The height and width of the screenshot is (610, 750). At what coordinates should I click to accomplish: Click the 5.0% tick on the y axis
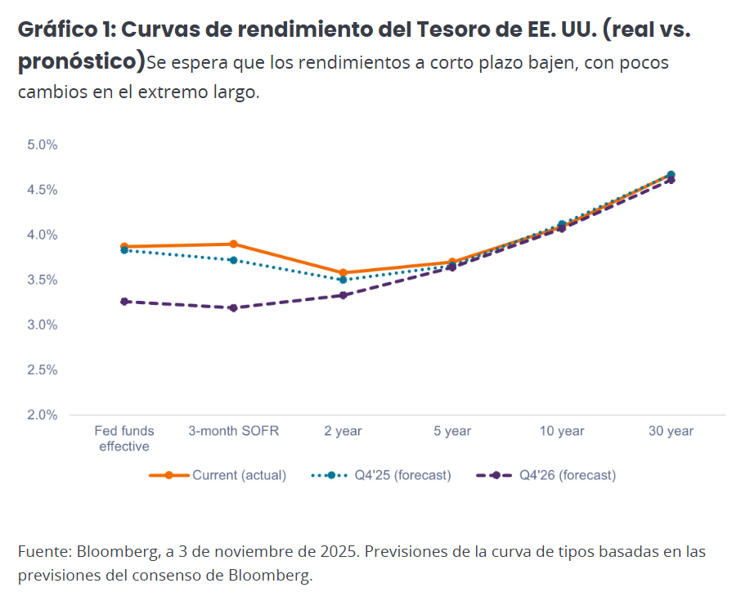(x=42, y=145)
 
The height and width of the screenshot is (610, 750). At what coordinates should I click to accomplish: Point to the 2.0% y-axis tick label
(x=42, y=415)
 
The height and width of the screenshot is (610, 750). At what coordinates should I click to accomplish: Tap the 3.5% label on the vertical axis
(x=42, y=280)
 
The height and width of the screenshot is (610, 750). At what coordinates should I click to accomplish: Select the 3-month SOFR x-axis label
(x=233, y=431)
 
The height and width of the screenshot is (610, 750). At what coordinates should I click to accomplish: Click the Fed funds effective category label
(x=124, y=438)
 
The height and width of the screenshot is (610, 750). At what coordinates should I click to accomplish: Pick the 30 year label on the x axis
(x=671, y=431)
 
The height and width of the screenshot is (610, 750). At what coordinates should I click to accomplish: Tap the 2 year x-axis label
(x=343, y=431)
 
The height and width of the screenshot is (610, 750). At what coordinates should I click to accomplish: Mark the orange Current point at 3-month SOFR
(x=233, y=244)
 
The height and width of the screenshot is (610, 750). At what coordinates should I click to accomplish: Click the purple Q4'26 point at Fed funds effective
(x=124, y=302)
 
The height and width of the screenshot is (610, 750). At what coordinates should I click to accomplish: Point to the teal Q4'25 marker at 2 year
(x=343, y=280)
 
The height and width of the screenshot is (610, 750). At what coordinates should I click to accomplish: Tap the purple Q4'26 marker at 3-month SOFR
(x=233, y=307)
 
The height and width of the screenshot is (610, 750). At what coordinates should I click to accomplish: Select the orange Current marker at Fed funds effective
(x=124, y=246)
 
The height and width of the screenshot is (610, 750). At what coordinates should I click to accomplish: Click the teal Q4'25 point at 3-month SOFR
(x=233, y=260)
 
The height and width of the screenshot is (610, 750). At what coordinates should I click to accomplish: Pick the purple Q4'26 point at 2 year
(x=343, y=295)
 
